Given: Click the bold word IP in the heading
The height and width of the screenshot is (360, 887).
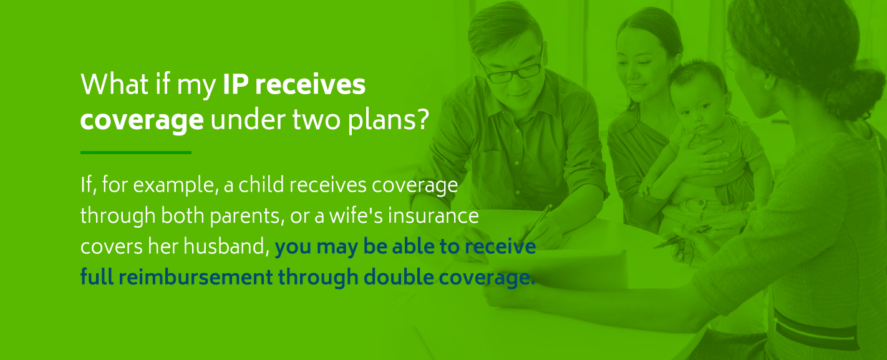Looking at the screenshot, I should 235,85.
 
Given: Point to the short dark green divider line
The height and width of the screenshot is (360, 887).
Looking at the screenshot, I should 135,152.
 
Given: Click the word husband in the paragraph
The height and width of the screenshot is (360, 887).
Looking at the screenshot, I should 225,247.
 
